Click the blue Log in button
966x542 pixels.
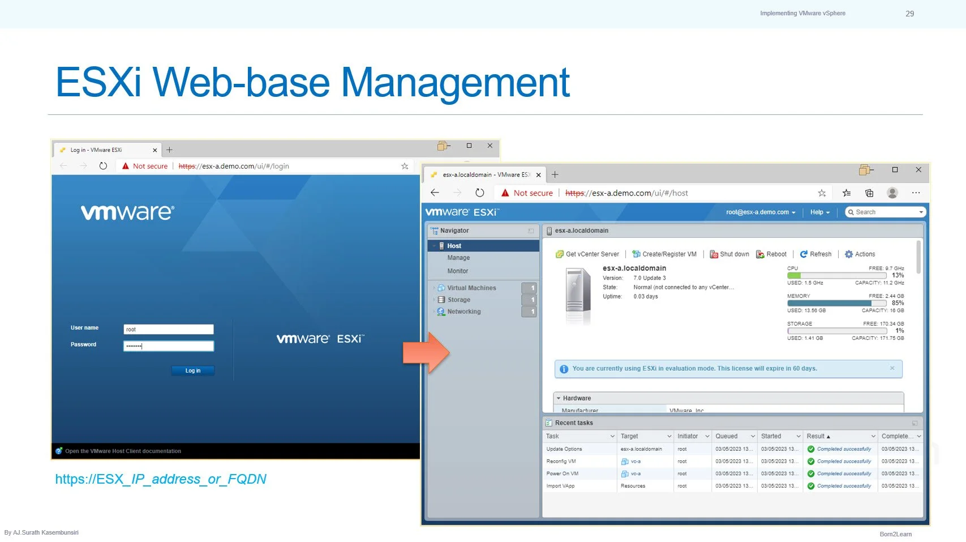click(x=193, y=370)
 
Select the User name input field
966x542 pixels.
click(x=168, y=329)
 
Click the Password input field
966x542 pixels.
click(x=168, y=346)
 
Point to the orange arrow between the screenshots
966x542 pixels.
click(x=426, y=352)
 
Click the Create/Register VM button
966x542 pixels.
click(x=664, y=254)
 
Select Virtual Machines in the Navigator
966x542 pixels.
click(x=471, y=288)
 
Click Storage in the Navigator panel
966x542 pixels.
click(x=458, y=300)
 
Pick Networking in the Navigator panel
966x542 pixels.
click(x=463, y=311)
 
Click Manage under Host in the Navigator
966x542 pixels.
click(x=458, y=258)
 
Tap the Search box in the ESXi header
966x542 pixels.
click(x=885, y=212)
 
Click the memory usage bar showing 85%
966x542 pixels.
click(x=836, y=303)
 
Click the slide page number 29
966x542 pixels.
click(x=909, y=14)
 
